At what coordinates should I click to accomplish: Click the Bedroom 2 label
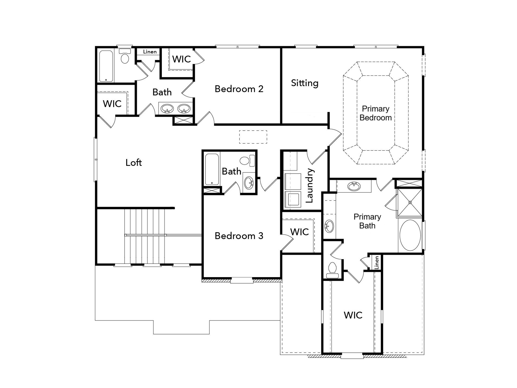point(239,89)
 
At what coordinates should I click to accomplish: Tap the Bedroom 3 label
point(239,236)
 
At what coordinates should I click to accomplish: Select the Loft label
point(134,163)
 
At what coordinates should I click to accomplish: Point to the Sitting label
point(305,83)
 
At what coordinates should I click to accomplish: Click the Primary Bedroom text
point(376,113)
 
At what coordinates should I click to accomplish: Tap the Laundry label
point(309,185)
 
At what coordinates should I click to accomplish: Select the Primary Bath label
point(367,221)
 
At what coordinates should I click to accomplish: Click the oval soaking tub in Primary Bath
point(410,235)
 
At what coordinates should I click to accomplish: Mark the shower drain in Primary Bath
point(410,202)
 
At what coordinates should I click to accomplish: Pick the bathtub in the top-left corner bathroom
point(106,66)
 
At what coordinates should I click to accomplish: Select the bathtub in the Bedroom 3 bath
point(212,169)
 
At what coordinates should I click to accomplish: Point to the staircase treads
point(144,236)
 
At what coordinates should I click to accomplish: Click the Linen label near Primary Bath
point(377,262)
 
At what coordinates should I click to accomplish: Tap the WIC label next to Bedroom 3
point(300,232)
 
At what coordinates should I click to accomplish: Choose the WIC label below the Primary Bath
point(353,315)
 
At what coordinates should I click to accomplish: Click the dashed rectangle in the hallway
point(253,137)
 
